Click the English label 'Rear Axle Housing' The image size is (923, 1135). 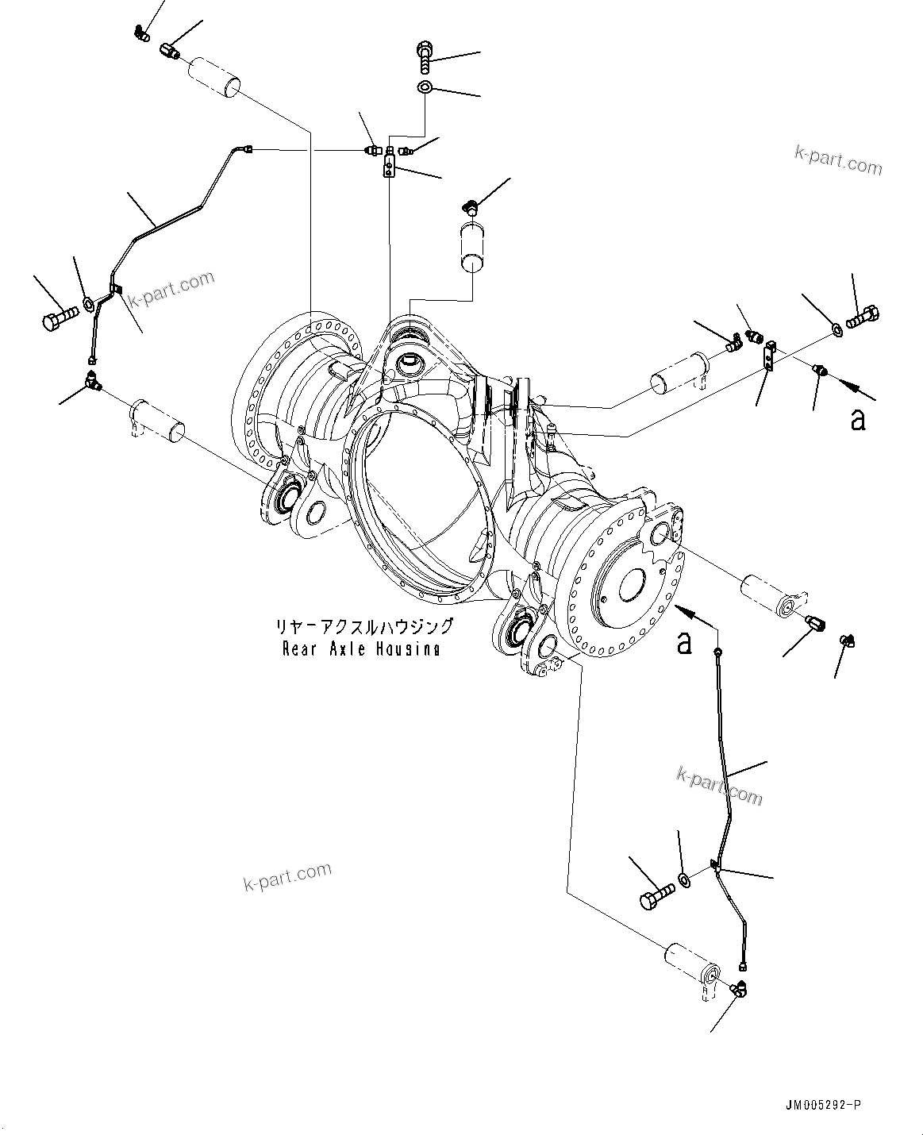point(362,649)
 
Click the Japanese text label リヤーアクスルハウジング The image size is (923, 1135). point(364,626)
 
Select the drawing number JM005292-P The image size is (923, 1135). point(823,1105)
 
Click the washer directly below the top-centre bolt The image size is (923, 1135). point(425,87)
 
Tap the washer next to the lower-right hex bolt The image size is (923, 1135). point(683,879)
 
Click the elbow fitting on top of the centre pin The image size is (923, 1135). point(470,208)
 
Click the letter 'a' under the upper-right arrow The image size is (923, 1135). point(857,419)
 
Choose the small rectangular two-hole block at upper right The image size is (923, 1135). point(768,356)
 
